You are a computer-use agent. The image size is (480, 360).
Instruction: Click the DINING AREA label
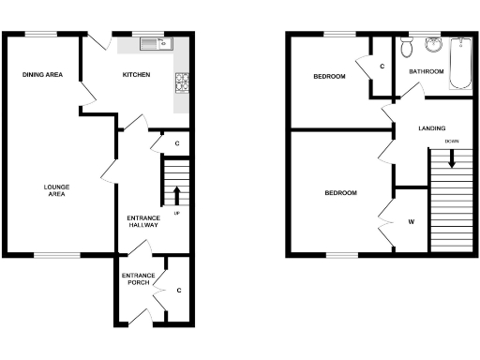[x=43, y=75]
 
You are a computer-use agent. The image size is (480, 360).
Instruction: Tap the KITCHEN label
[x=137, y=75]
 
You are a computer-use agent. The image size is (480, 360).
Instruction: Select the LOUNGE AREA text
[x=57, y=190]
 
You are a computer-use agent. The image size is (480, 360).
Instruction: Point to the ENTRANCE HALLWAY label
[x=142, y=222]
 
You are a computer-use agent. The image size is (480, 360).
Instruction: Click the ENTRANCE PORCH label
[x=138, y=278]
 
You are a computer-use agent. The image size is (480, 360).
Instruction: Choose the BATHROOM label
[x=425, y=71]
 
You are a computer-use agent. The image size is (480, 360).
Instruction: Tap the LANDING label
[x=432, y=128]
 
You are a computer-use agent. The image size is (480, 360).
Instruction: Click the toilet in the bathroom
[x=405, y=47]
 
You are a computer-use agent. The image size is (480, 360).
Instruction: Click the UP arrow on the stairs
[x=176, y=196]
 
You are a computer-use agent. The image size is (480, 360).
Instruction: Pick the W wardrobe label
[x=411, y=222]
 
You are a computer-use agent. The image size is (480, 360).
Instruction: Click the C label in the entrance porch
[x=178, y=290]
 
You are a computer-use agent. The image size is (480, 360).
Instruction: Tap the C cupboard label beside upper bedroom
[x=382, y=67]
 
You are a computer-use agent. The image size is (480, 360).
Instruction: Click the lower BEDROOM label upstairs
[x=340, y=193]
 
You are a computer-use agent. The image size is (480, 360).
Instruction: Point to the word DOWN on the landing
[x=452, y=141]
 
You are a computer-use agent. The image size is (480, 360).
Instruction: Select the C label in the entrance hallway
[x=177, y=143]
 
